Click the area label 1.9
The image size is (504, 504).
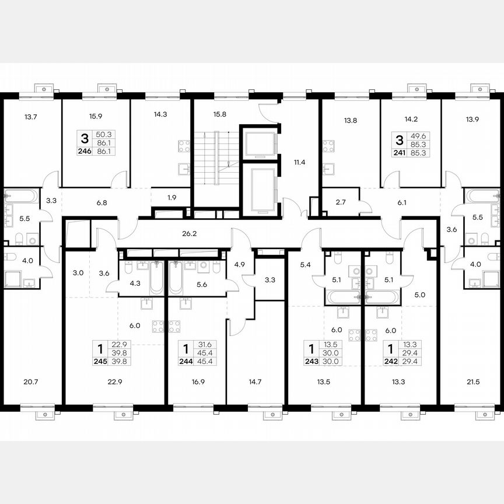tap(171, 197)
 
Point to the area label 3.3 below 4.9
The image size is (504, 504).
tap(269, 280)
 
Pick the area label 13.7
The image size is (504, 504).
tap(31, 117)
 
